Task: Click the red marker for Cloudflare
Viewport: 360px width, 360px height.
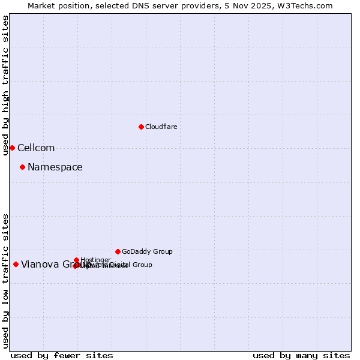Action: point(141,127)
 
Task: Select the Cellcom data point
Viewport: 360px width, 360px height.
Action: point(12,148)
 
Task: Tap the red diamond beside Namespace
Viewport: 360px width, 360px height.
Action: point(22,167)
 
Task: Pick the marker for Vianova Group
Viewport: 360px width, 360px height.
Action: point(16,264)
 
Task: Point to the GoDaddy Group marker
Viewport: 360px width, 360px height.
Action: point(118,251)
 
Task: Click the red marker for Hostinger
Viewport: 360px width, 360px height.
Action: point(77,260)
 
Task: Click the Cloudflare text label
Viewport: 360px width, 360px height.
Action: point(161,127)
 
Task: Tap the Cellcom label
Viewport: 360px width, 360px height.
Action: point(36,148)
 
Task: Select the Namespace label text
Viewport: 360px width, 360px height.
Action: point(55,167)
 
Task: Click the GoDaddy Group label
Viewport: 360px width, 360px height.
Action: point(147,251)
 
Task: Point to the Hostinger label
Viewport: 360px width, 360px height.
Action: point(95,260)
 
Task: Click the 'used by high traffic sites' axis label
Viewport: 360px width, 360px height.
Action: point(5,85)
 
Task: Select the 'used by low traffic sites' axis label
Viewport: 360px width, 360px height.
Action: point(5,280)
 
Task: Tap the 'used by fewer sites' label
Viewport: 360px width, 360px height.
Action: point(62,355)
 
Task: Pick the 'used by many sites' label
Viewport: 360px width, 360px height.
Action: point(301,355)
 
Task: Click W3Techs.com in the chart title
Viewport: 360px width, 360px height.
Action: point(308,5)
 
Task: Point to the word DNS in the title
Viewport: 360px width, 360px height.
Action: point(145,5)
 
